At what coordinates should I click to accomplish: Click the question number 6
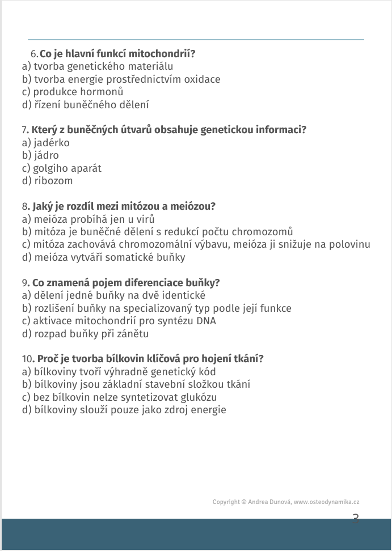click(34, 54)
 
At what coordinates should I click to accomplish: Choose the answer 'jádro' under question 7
click(45, 155)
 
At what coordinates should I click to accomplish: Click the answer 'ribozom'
click(53, 181)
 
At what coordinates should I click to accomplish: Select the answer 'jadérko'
click(51, 143)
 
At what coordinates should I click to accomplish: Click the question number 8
click(24, 206)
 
